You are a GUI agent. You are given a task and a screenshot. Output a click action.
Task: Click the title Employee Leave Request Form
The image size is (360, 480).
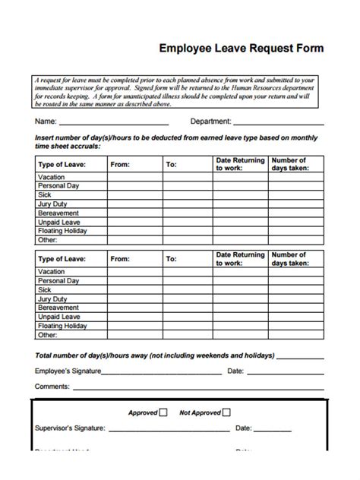241,47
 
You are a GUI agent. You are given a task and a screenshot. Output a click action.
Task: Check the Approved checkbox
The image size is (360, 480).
163,413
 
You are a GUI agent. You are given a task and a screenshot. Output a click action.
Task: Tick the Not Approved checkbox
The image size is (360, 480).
226,413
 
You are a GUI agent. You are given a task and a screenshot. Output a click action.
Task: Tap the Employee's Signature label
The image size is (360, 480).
68,371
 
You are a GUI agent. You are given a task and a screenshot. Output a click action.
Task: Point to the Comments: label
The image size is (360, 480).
52,387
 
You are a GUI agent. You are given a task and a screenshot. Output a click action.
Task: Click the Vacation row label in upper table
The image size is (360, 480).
52,176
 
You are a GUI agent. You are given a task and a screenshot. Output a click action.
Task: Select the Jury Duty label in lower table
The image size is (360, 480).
53,298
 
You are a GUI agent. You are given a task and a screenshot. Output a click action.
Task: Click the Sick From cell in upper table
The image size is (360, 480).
134,194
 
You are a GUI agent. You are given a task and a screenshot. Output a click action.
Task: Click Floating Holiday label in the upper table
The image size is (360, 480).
62,230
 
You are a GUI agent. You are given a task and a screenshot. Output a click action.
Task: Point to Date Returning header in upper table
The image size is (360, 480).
240,164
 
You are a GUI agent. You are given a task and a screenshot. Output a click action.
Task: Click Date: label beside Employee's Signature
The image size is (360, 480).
235,371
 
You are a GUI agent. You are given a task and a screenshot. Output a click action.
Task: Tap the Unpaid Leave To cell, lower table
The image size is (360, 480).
188,317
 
